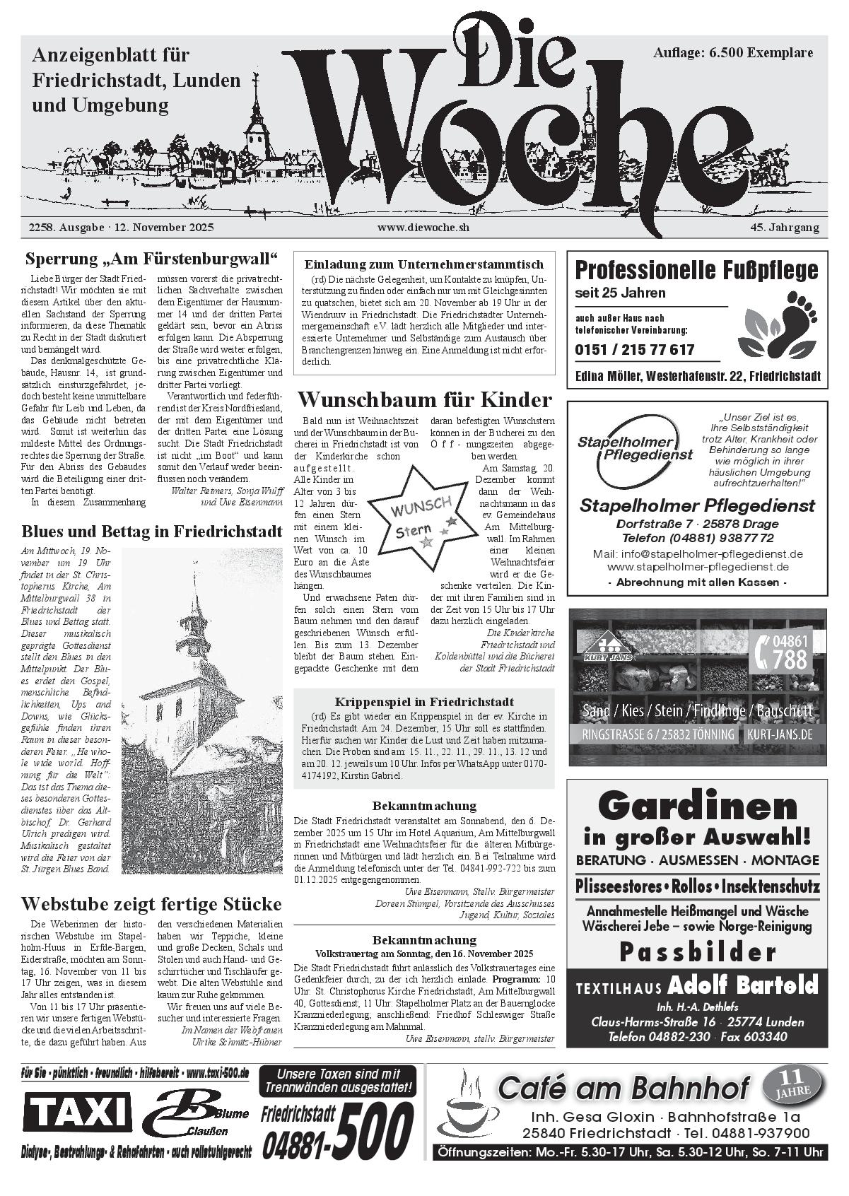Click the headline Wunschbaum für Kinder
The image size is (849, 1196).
[424, 400]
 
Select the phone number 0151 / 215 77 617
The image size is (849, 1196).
[634, 349]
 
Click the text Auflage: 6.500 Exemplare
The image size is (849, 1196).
[733, 53]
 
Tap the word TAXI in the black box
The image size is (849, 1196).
[78, 1114]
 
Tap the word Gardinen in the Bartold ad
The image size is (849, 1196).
[697, 807]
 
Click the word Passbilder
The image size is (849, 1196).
[697, 953]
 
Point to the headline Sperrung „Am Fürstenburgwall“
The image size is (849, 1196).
[151, 258]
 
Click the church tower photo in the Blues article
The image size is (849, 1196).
[201, 710]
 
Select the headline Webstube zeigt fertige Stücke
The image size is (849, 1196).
[151, 904]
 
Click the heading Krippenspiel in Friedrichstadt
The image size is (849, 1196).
[424, 702]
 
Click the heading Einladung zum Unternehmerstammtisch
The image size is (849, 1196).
[424, 264]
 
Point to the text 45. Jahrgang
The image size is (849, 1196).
[785, 228]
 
